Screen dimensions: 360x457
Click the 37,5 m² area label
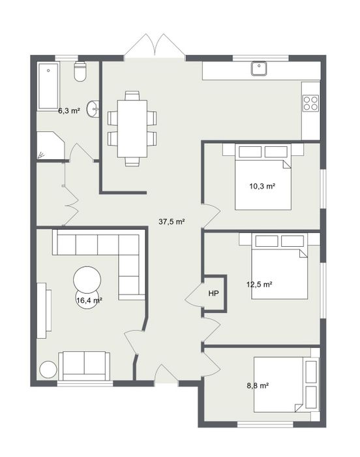172,222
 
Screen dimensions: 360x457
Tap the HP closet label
213,294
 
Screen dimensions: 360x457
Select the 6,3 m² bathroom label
69,111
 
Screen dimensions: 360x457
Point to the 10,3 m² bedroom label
262,186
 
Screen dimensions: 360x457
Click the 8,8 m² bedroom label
258,386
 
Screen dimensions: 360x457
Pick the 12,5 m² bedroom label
259,284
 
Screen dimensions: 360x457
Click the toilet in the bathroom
80,71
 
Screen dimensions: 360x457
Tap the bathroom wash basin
93,109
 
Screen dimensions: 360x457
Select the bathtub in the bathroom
48,86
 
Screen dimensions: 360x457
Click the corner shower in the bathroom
50,146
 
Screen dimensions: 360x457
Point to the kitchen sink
259,68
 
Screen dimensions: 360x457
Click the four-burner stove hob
311,103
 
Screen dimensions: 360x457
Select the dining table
132,129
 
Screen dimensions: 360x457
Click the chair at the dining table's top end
132,95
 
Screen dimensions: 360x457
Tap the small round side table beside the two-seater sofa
48,370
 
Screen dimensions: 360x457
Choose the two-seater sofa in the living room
84,366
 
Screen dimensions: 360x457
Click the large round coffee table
87,280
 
